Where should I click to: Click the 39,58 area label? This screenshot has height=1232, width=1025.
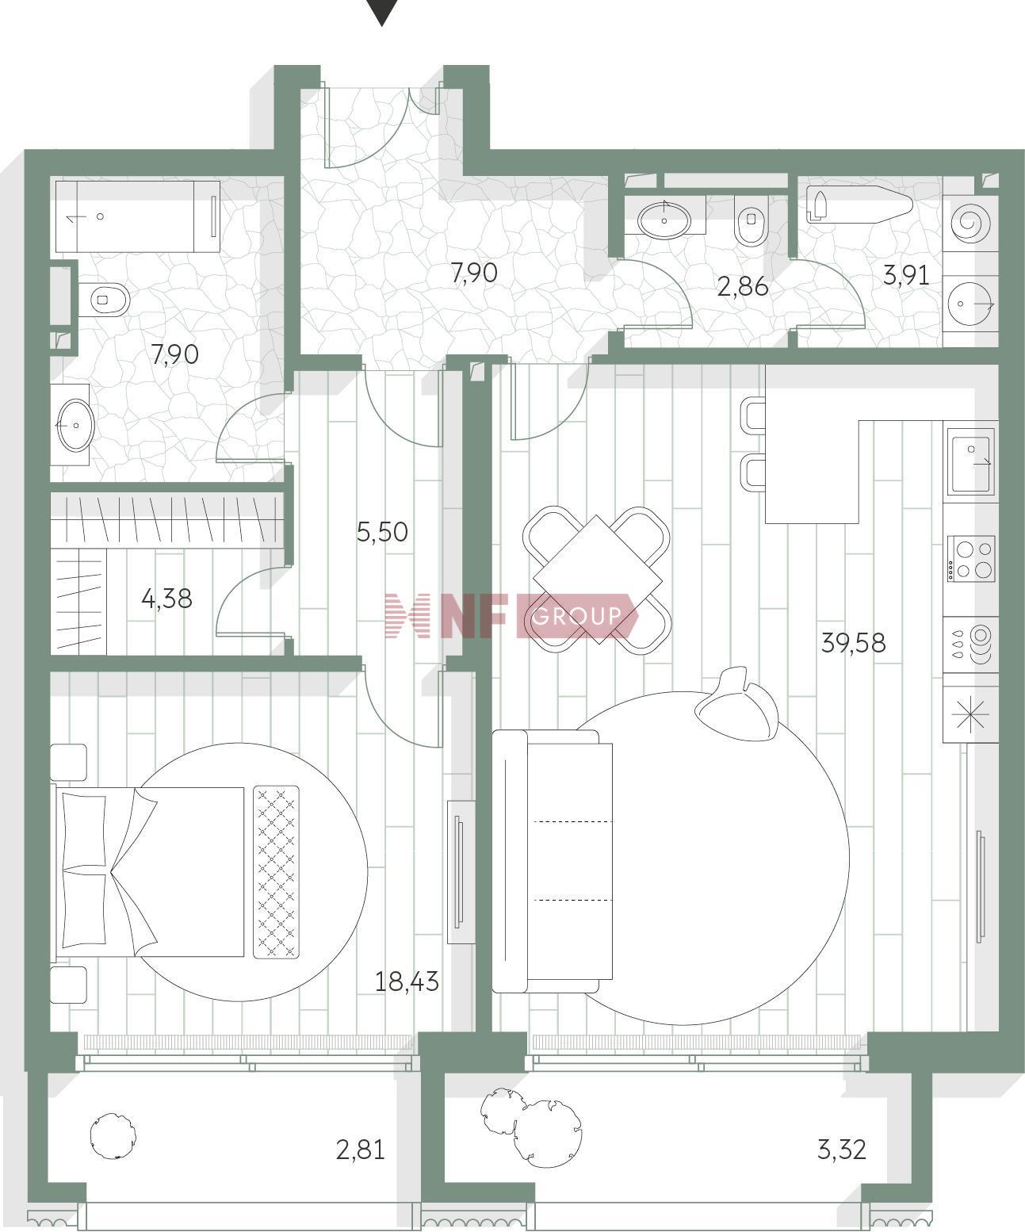853,643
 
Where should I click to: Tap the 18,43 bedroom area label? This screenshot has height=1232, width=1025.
407,981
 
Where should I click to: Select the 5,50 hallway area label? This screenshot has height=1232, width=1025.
382,532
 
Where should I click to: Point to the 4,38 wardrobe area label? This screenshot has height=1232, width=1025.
167,599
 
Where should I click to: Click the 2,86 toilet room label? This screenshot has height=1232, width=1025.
743,287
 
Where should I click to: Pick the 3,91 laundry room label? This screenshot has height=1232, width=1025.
906,276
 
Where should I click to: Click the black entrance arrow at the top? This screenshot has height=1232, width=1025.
382,13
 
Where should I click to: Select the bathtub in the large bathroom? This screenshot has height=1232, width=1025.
137,216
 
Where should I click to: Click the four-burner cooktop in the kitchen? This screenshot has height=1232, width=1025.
971,559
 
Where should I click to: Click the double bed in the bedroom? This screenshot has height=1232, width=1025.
151,871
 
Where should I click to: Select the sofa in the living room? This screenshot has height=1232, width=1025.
552,862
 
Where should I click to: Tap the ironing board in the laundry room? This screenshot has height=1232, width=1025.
859,205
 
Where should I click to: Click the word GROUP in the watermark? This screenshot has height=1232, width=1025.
576,616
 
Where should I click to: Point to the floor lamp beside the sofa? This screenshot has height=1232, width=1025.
737,706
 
